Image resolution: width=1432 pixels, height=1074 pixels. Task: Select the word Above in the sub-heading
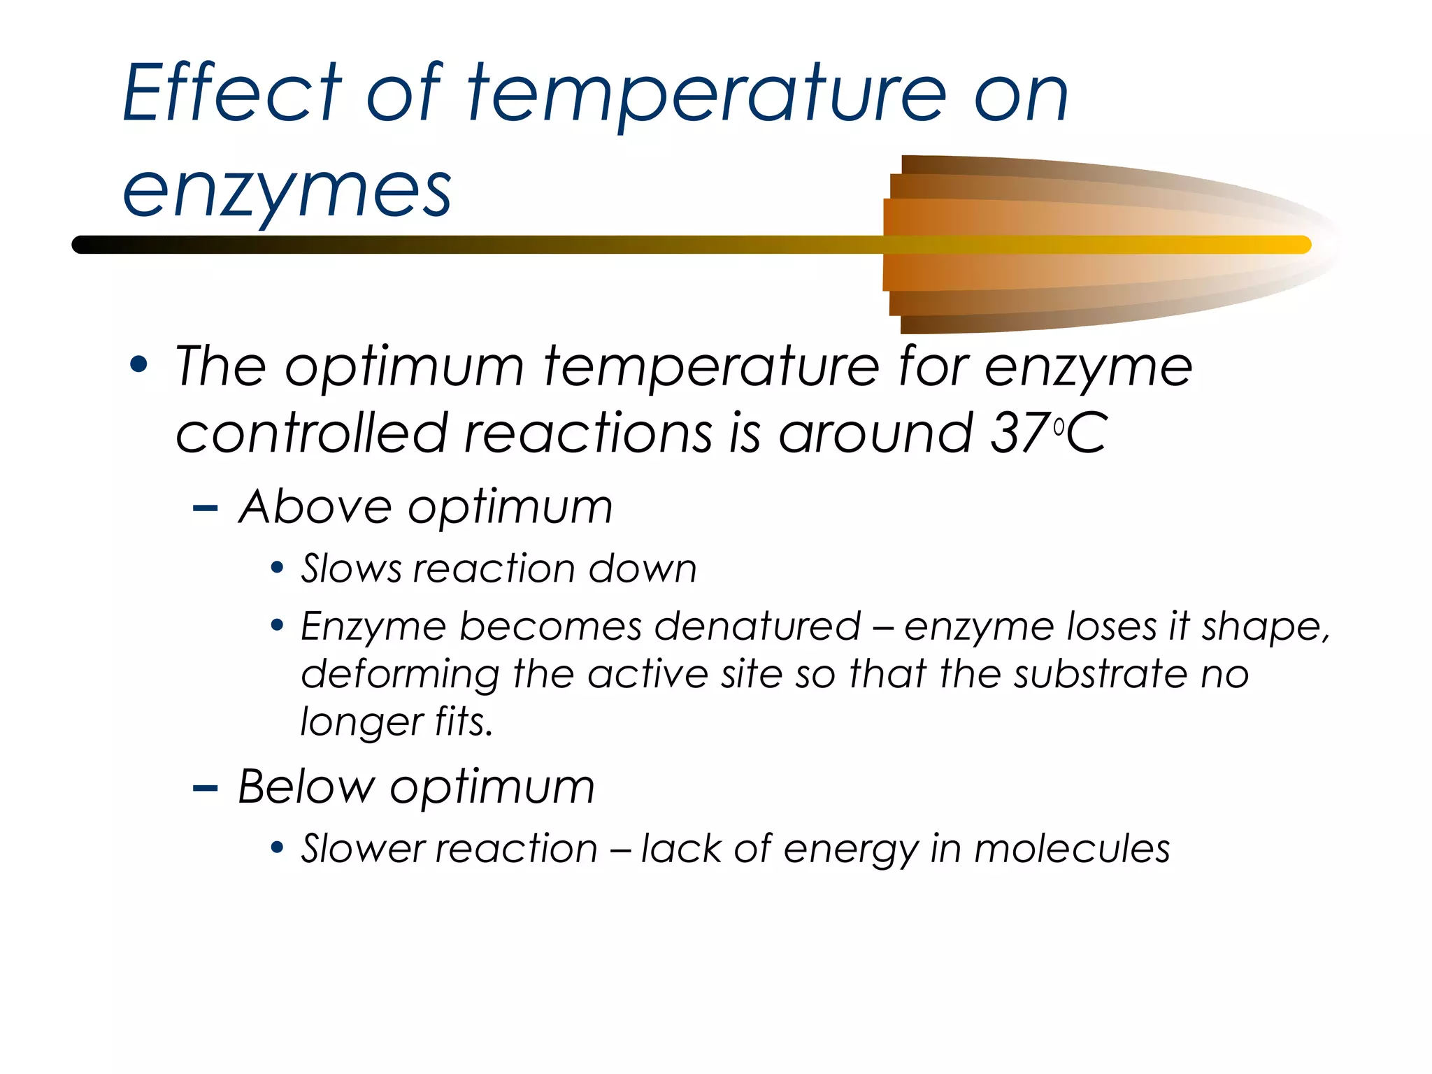315,506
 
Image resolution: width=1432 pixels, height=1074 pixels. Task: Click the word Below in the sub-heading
306,787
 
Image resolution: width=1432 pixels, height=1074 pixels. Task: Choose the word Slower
363,848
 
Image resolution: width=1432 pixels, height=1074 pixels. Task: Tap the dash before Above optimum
205,508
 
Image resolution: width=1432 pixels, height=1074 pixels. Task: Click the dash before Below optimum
205,789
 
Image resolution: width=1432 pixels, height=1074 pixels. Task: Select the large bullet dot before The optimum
139,364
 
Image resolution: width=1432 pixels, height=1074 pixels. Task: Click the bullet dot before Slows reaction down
278,567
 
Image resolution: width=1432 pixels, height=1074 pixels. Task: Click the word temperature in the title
706,94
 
